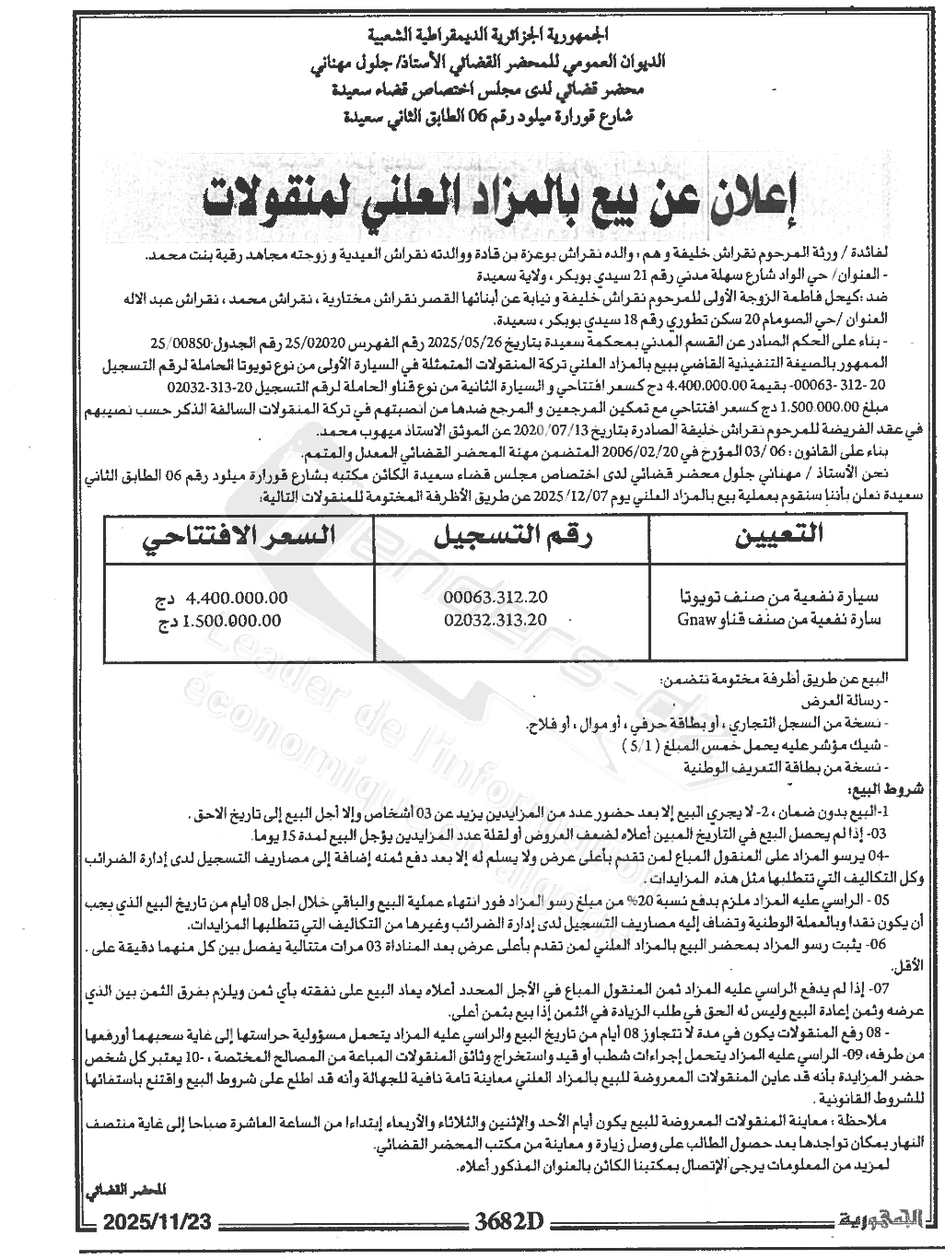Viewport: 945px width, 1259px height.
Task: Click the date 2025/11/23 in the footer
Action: point(158,1222)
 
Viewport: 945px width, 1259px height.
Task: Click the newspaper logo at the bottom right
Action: point(884,1221)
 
